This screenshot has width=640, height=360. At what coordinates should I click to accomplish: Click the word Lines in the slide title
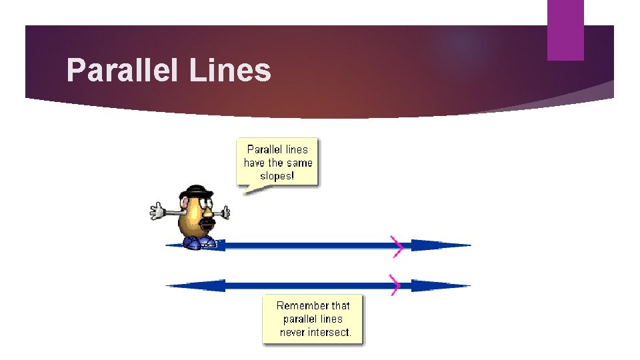(230, 70)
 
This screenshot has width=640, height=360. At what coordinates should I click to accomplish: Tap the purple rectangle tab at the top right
(565, 30)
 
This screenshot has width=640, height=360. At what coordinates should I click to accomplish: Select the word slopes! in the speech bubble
(277, 176)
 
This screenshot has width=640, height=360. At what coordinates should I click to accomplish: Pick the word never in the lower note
(293, 332)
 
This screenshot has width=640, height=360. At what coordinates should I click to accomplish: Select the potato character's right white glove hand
(226, 213)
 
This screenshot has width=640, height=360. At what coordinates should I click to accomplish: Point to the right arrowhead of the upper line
(440, 245)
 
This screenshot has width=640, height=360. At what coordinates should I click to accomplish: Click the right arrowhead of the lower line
(440, 285)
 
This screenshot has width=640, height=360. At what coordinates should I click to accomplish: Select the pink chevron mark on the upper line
(398, 245)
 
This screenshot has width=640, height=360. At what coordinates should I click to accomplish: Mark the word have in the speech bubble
(255, 163)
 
